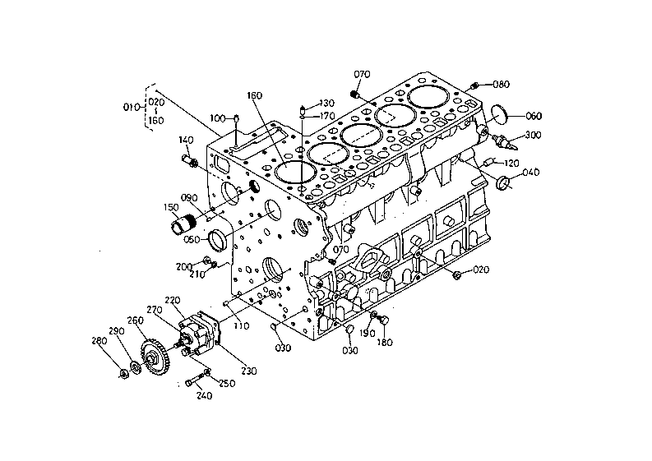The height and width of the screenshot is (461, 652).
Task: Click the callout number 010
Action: pyautogui.click(x=132, y=108)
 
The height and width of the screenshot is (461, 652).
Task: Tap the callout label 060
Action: pyautogui.click(x=534, y=116)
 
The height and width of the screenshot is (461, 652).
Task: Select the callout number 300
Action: pyautogui.click(x=533, y=135)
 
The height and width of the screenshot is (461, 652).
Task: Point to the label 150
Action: pyautogui.click(x=171, y=207)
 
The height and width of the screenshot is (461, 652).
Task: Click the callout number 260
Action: pyautogui.click(x=136, y=320)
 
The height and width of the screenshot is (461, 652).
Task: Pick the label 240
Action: pyautogui.click(x=204, y=396)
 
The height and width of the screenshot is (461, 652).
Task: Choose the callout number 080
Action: pyautogui.click(x=501, y=85)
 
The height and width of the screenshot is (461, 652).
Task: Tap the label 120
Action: pyautogui.click(x=511, y=163)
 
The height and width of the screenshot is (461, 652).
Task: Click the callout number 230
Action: pyautogui.click(x=248, y=371)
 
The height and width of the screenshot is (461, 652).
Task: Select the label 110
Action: pyautogui.click(x=242, y=326)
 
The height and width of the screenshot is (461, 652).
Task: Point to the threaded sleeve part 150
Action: pyautogui.click(x=183, y=224)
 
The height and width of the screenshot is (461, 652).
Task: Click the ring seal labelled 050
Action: pyautogui.click(x=218, y=240)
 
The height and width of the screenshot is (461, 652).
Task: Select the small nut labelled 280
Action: pyautogui.click(x=123, y=373)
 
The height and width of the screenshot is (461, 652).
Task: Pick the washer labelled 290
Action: pyautogui.click(x=135, y=367)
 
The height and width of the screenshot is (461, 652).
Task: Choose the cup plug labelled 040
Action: pyautogui.click(x=503, y=182)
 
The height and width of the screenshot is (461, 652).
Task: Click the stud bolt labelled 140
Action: pyautogui.click(x=190, y=161)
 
